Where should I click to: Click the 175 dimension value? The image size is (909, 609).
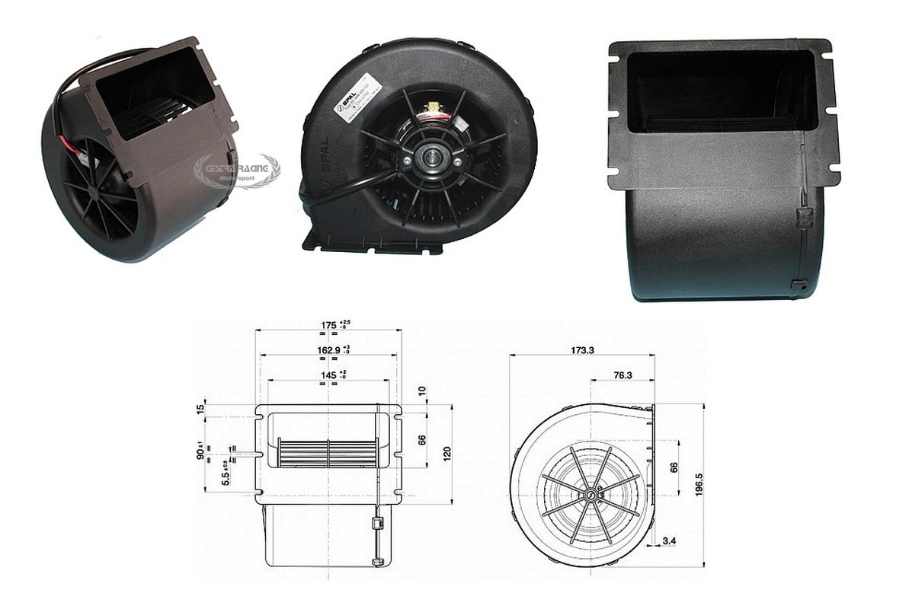pos(328,326)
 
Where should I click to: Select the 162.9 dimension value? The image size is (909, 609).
pos(328,350)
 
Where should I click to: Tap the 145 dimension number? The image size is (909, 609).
pos(328,375)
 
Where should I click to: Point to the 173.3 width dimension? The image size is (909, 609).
pos(581,351)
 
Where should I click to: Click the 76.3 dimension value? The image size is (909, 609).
pos(622,375)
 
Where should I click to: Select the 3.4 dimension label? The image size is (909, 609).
pos(670,541)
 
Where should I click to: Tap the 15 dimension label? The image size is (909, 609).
pos(200,410)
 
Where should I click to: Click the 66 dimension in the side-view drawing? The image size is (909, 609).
pos(673,467)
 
